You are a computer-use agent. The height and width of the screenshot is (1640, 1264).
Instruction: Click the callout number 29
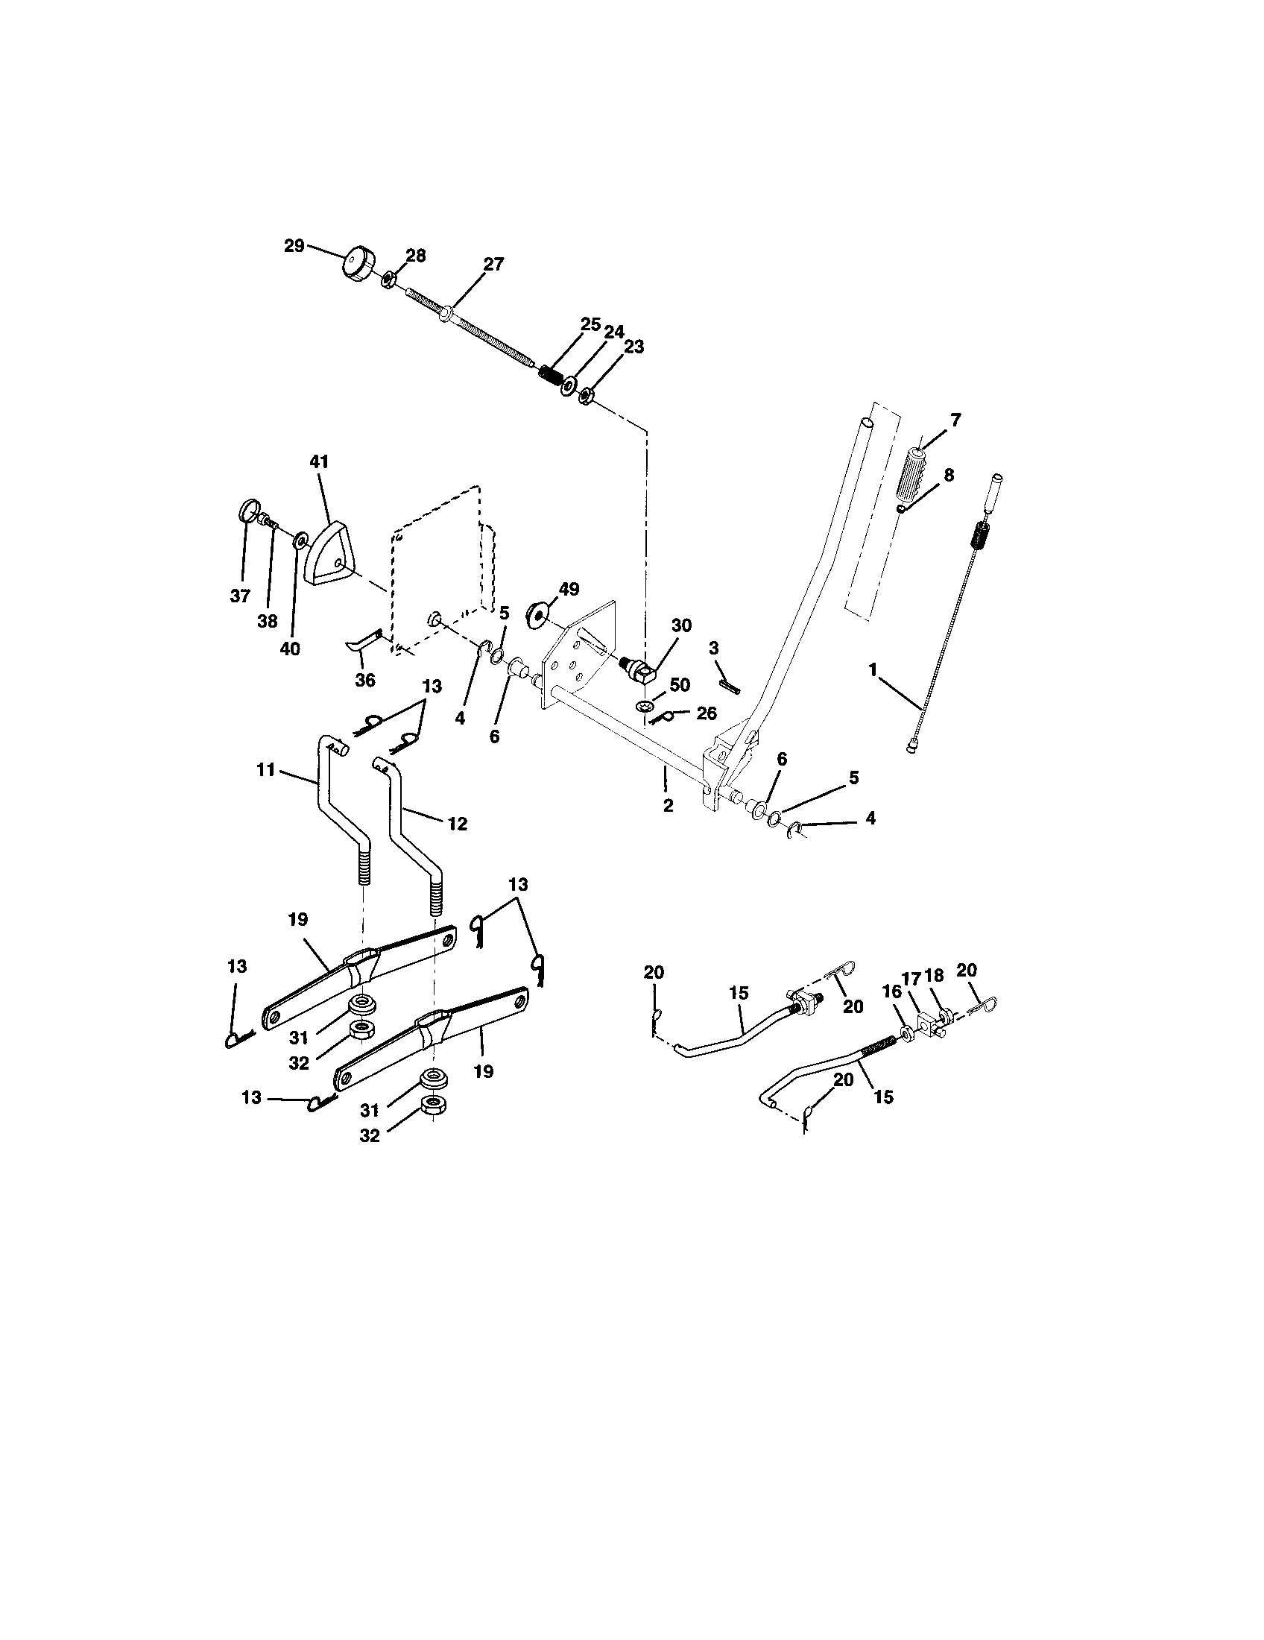(x=294, y=245)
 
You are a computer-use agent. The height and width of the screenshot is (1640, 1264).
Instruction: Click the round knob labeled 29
(x=358, y=265)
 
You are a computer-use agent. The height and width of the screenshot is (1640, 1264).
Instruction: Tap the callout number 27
(x=493, y=265)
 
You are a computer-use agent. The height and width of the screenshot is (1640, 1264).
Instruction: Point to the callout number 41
(x=320, y=460)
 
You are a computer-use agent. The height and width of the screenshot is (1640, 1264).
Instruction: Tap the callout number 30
(x=681, y=625)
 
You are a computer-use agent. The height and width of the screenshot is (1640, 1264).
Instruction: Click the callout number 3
(x=713, y=647)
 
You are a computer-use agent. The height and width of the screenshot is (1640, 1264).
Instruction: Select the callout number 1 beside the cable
(x=873, y=670)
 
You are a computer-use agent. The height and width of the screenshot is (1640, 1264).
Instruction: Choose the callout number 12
(x=457, y=824)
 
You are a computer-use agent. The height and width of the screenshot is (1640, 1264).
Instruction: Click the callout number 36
(x=364, y=681)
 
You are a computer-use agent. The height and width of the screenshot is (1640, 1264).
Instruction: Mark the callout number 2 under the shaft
(x=667, y=806)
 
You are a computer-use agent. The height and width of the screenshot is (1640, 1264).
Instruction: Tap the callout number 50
(x=679, y=685)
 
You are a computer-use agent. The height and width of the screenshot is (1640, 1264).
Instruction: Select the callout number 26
(x=707, y=713)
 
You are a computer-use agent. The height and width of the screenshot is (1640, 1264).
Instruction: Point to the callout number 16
(x=891, y=992)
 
